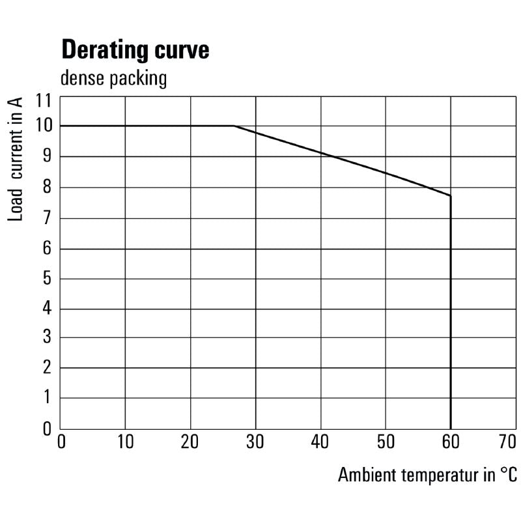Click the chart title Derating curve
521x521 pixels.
(x=135, y=50)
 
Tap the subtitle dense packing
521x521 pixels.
(x=113, y=79)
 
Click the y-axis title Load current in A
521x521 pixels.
(x=16, y=158)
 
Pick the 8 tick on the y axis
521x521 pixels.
(x=47, y=188)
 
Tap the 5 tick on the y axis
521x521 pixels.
(x=47, y=279)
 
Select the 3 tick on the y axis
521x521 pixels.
(x=47, y=337)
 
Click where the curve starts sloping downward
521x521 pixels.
(x=234, y=126)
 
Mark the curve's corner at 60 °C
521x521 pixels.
(x=450, y=195)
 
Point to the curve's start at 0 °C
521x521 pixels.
(x=61, y=126)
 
